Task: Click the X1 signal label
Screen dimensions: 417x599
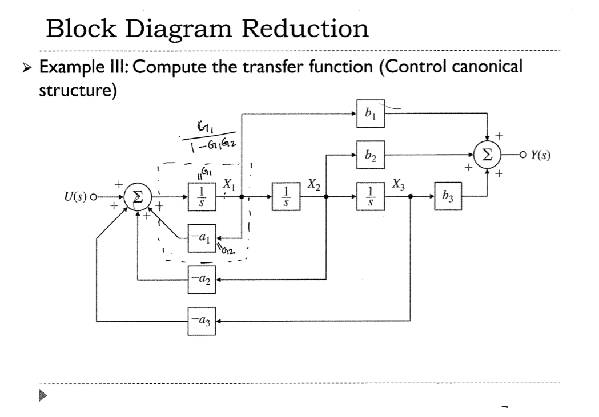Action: tap(228, 184)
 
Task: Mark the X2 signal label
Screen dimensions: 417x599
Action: tap(312, 184)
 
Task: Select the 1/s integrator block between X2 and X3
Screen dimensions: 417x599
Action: tap(370, 197)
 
